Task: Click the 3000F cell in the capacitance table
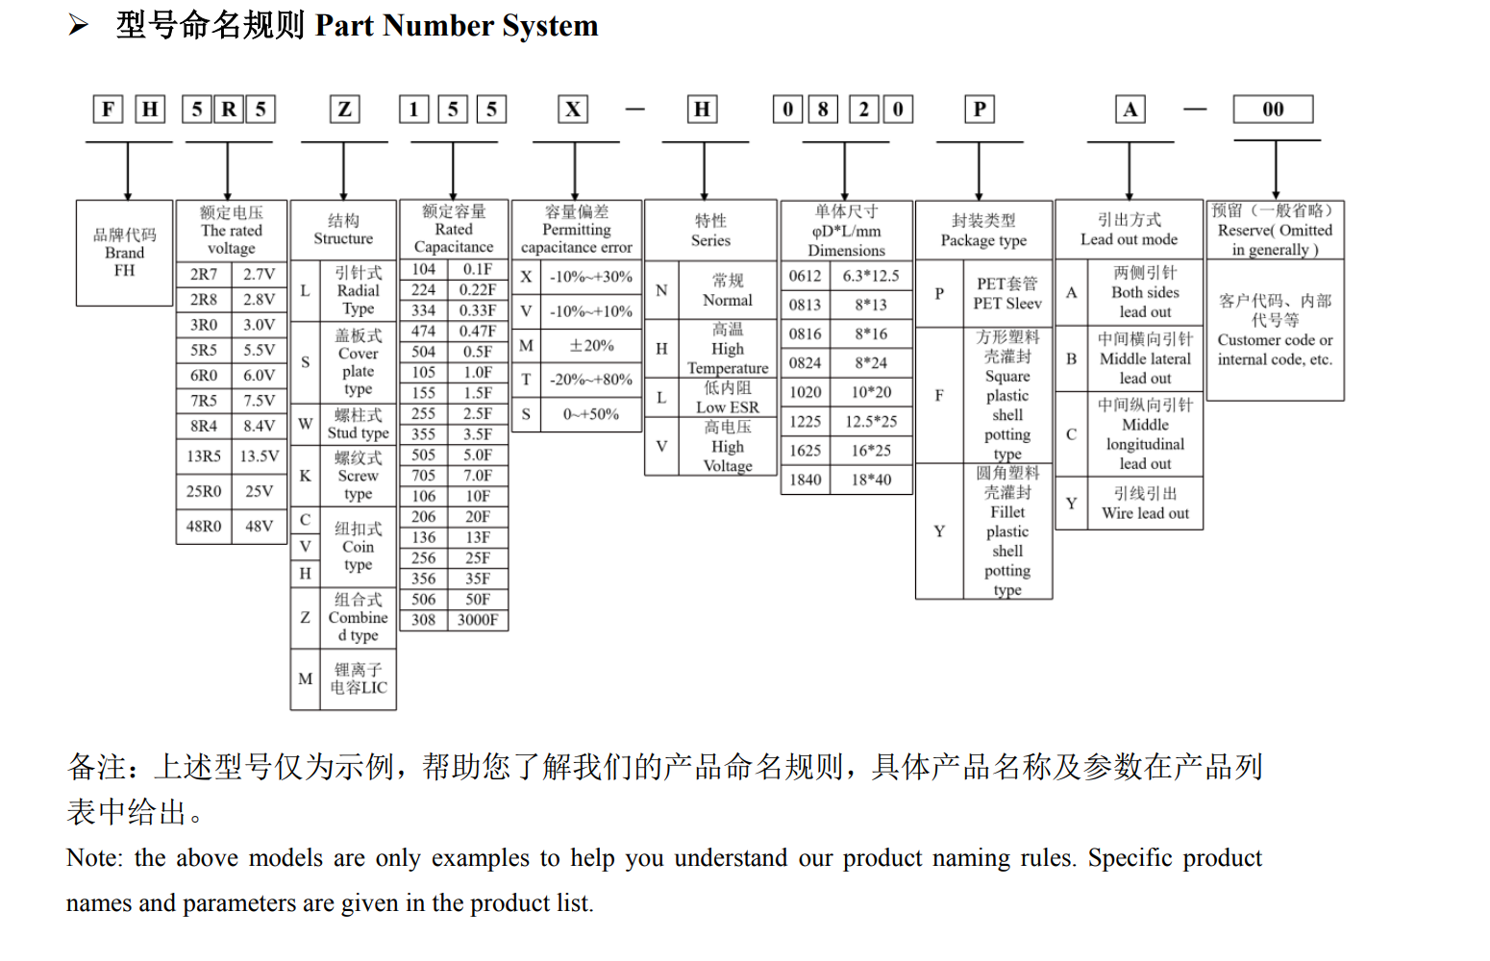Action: (478, 620)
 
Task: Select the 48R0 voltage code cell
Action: (204, 527)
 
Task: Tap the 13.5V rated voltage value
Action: (260, 456)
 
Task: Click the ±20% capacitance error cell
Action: (591, 346)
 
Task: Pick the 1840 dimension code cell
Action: (806, 480)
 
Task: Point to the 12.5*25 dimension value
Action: (871, 422)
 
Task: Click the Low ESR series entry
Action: (727, 398)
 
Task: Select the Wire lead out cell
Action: (1145, 504)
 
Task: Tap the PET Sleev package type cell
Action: (1006, 293)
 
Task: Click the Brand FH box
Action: (125, 253)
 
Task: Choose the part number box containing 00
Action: (1273, 110)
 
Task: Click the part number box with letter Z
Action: (344, 110)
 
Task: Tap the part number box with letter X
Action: (573, 110)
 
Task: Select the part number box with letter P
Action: (979, 110)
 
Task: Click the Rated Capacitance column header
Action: (454, 229)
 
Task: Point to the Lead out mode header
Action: (1129, 230)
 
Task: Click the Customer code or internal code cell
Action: (1275, 330)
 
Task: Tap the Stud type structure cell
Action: (358, 424)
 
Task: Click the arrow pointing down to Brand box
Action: (128, 173)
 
